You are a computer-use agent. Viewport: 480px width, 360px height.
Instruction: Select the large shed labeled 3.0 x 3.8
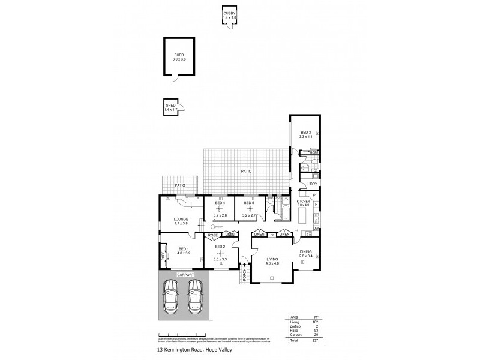coord(179,58)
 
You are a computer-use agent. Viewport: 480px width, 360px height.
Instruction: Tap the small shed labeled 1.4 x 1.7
coord(171,107)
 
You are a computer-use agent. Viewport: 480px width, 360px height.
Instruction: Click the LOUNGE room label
coord(181,219)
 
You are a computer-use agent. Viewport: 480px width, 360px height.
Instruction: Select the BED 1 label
coord(184,249)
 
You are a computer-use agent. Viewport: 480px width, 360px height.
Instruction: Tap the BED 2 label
coord(220,247)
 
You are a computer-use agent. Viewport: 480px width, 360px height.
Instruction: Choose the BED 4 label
coord(220,203)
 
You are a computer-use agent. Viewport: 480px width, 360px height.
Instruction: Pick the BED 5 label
coord(249,203)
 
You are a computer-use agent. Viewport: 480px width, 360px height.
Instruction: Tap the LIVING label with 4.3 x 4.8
coord(273,259)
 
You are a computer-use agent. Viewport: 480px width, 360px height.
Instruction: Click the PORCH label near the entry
coord(245,275)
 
